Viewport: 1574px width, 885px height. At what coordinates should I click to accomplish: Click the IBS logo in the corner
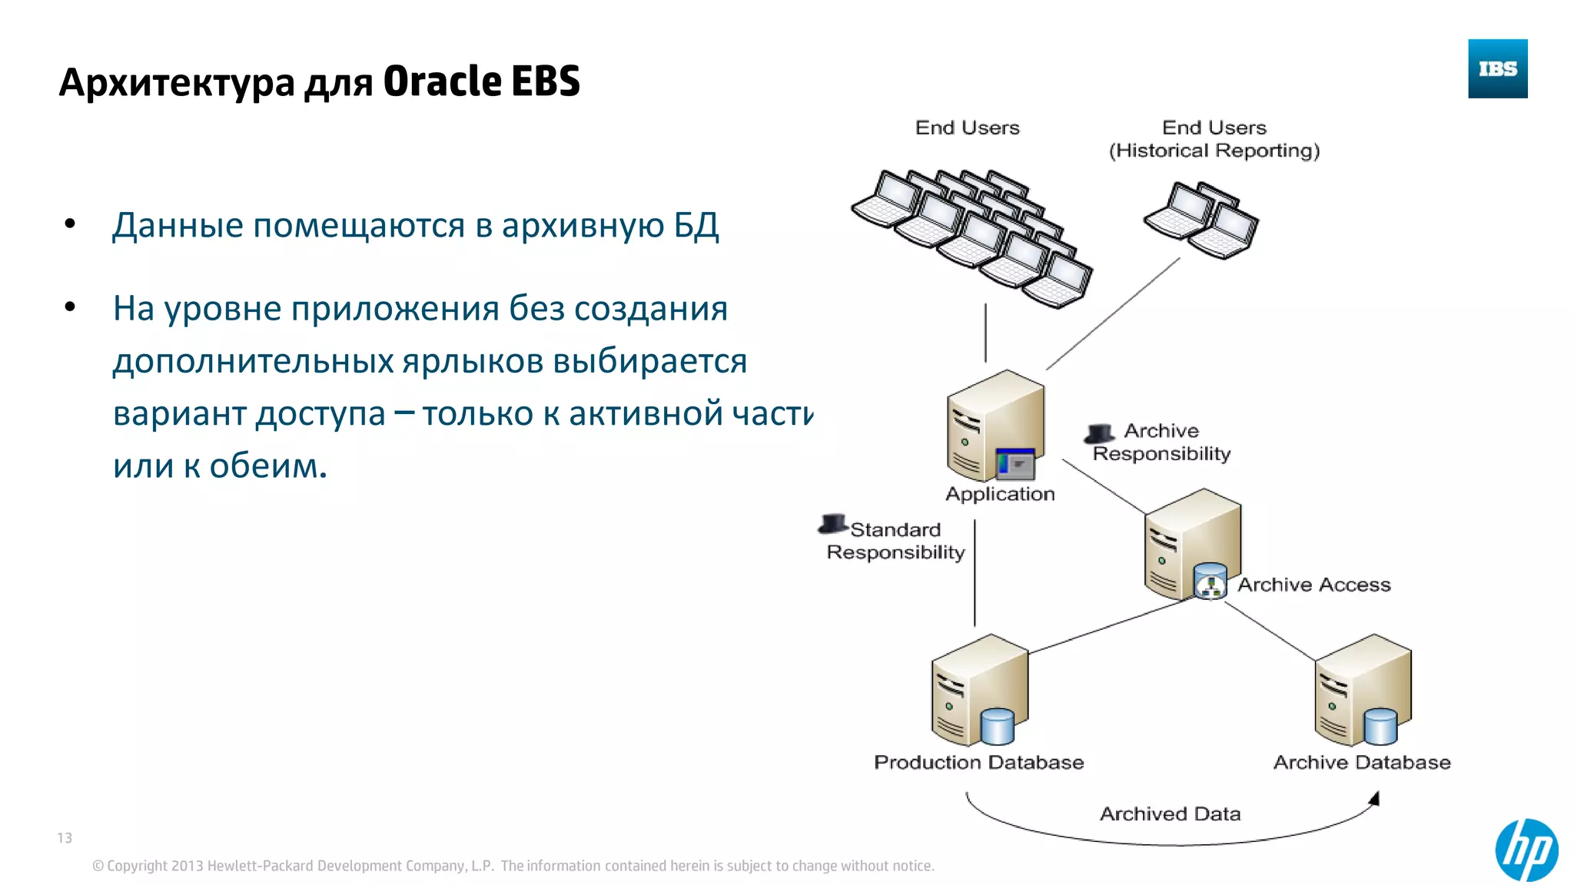point(1497,69)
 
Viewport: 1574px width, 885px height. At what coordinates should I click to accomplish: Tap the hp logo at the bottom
point(1526,850)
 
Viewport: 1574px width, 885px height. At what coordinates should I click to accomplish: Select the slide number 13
point(65,837)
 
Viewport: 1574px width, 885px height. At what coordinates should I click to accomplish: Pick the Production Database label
point(978,762)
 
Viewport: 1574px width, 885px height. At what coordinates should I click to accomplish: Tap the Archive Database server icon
point(1362,689)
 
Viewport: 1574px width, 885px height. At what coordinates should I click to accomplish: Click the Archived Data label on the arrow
point(1170,814)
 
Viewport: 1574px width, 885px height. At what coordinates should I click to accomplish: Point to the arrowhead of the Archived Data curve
point(1375,799)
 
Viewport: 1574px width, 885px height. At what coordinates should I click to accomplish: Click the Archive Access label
point(1313,585)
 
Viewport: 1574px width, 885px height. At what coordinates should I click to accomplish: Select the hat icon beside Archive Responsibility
point(1100,434)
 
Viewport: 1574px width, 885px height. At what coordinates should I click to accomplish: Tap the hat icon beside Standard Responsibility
point(833,524)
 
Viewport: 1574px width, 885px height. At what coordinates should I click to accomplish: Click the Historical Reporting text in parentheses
point(1214,151)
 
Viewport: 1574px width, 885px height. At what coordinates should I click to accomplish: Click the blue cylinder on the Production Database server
point(998,726)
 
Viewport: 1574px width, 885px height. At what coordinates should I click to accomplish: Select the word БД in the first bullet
point(696,225)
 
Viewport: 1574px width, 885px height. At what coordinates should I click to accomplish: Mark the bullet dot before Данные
point(71,224)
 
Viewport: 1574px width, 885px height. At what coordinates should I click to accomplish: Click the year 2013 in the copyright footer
point(187,866)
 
